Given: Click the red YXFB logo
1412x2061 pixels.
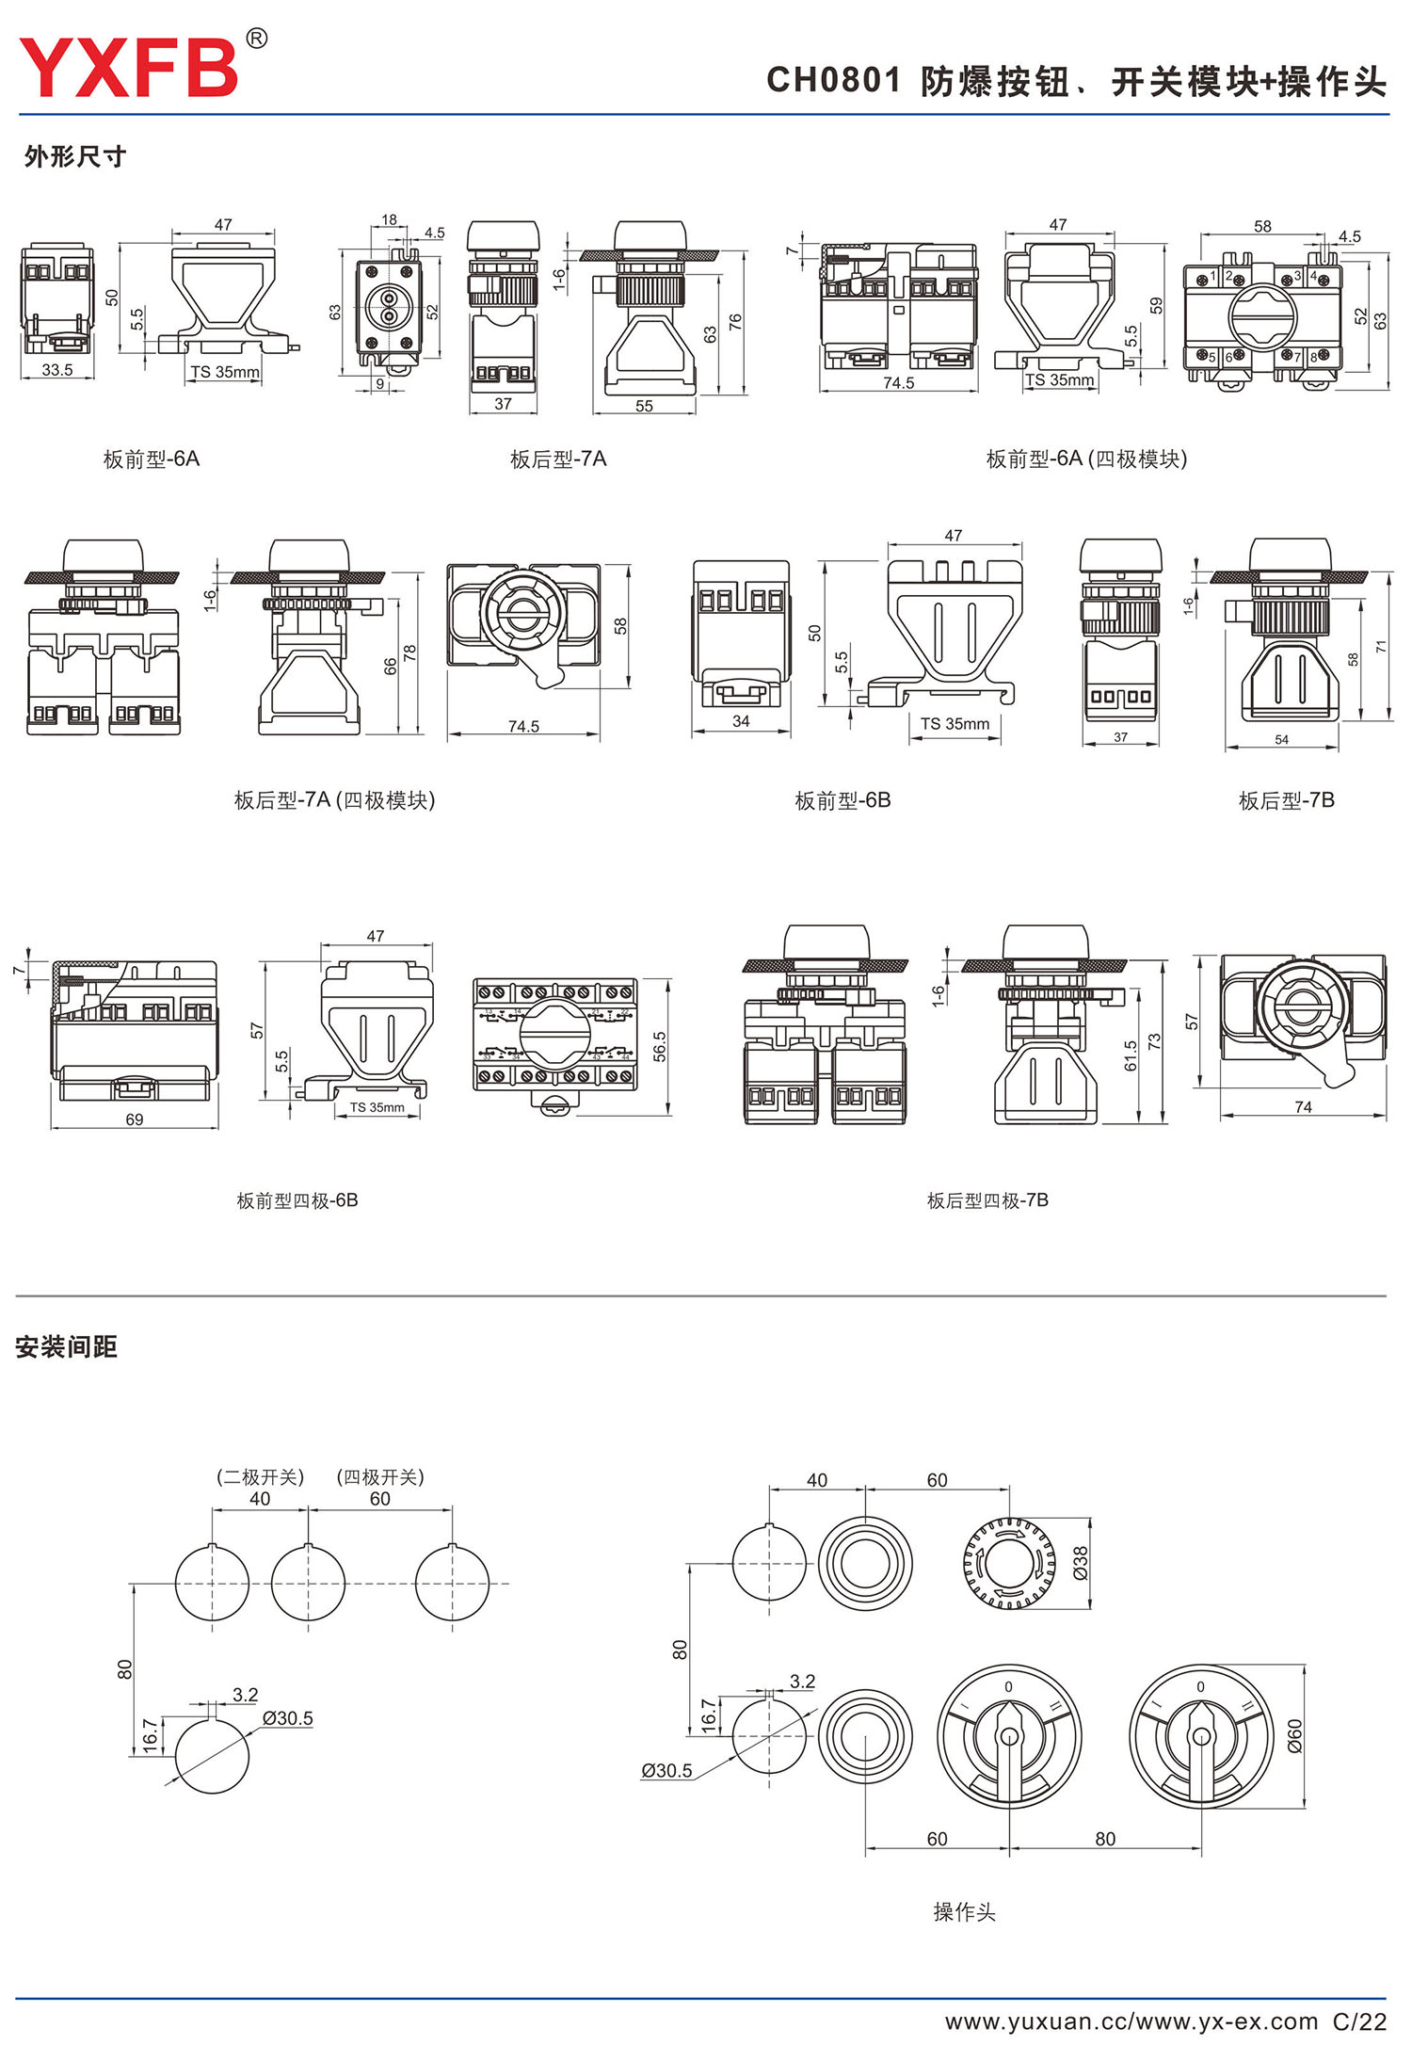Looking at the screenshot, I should (129, 68).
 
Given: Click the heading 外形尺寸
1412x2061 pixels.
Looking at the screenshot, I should (75, 156).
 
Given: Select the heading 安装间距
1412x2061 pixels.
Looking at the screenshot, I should (66, 1347).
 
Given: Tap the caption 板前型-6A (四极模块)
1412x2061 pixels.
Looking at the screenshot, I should (1086, 459).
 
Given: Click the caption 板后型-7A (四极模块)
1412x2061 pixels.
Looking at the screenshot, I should (334, 801).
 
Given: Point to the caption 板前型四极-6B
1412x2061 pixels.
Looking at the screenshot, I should (297, 1200).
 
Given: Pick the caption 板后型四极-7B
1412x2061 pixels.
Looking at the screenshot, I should (987, 1200).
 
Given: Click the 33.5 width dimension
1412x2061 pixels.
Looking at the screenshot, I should (57, 370).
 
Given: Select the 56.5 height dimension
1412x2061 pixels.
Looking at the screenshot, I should (659, 1047).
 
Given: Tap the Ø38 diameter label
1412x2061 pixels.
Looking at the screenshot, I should (1081, 1563).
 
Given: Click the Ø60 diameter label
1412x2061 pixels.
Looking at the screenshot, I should (1294, 1735).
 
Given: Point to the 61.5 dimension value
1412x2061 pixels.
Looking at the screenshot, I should (1131, 1055).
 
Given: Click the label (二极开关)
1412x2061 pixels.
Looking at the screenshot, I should (261, 1476).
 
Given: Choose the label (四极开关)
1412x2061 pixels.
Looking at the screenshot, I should (380, 1476).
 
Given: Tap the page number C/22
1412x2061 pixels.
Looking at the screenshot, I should (1359, 2021).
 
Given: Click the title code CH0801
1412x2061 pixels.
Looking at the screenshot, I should (834, 81).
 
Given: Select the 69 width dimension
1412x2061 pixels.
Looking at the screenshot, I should (135, 1119).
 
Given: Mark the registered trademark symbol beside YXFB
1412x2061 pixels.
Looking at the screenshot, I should (256, 39).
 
